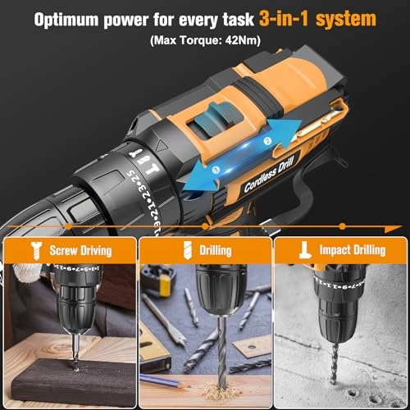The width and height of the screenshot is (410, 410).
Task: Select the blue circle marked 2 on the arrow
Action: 266,141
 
